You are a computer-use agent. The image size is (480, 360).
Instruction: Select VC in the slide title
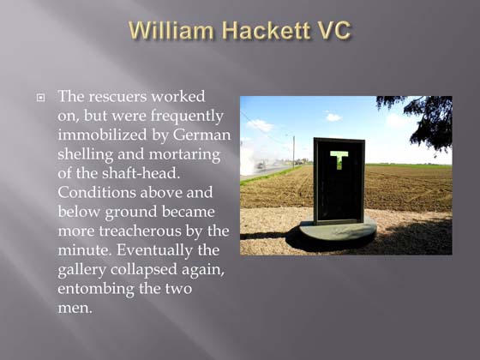point(333,31)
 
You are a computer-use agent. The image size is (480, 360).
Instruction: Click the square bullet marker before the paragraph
point(39,97)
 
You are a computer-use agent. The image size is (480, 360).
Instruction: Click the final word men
point(75,308)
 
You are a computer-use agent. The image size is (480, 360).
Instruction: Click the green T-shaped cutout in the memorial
point(338,159)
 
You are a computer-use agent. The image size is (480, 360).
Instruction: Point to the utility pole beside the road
point(293,150)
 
